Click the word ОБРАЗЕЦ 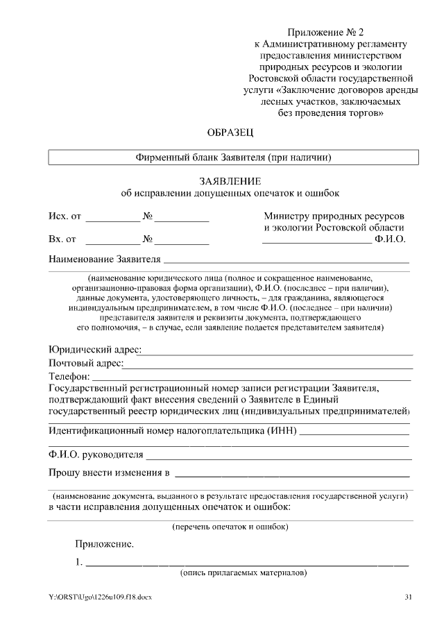click(x=232, y=132)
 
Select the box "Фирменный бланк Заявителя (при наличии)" click(x=233, y=158)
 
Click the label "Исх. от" click(x=65, y=217)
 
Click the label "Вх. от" click(x=62, y=239)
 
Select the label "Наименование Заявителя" click(x=104, y=260)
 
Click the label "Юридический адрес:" click(x=95, y=350)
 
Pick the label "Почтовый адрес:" click(x=86, y=363)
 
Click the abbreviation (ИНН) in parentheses click(x=282, y=431)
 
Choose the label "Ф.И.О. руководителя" click(x=96, y=455)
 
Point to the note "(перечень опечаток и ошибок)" click(x=231, y=527)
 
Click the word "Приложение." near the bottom click(x=104, y=545)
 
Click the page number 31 click(x=408, y=597)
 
